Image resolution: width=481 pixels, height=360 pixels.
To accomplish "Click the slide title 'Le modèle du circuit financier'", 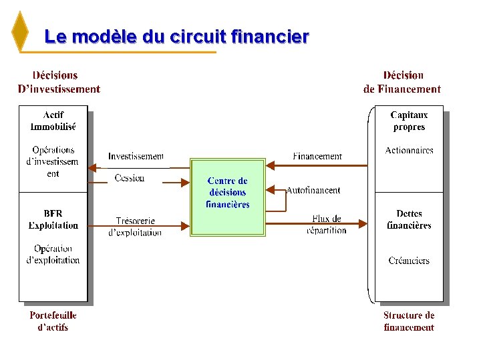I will (x=176, y=37).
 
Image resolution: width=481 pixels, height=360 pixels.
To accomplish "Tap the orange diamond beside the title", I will (x=21, y=31).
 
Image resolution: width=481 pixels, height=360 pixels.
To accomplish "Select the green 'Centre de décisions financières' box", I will (x=228, y=197).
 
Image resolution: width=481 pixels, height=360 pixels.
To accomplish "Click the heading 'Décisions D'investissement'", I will (x=59, y=83).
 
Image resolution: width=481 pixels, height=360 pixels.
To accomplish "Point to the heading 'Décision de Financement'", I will (x=402, y=83).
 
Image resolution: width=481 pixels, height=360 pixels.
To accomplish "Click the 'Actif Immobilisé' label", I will (x=53, y=121).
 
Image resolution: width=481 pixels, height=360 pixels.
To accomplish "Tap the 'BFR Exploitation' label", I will (x=53, y=219).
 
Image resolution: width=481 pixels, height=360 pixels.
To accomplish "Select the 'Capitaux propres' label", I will (x=409, y=121).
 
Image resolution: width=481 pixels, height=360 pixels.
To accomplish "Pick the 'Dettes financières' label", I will (x=409, y=219).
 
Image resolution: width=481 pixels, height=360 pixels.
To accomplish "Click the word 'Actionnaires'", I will (x=409, y=151).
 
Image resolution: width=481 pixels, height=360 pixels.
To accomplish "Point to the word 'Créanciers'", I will (x=409, y=261).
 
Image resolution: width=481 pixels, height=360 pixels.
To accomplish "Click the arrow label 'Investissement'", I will (x=136, y=156).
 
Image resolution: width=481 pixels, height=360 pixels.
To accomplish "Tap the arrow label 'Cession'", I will (x=129, y=178).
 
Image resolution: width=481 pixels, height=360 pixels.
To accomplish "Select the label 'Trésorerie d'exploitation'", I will (x=135, y=227).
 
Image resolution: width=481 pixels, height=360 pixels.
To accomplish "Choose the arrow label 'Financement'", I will (x=317, y=156).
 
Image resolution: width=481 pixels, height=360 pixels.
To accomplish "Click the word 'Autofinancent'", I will (x=313, y=190).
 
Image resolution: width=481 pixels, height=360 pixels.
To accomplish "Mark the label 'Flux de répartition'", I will (x=327, y=224).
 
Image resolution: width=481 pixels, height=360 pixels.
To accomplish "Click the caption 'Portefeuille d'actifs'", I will (x=53, y=321).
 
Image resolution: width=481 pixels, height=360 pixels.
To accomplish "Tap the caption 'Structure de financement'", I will (x=409, y=321).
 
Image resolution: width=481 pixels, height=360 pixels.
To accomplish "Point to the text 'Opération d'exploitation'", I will (x=53, y=254).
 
